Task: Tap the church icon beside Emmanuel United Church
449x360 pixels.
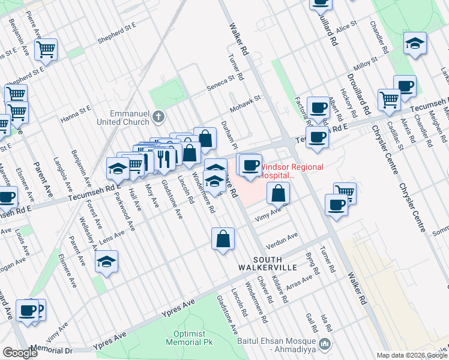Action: click(158, 116)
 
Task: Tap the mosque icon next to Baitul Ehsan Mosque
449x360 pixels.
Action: click(325, 344)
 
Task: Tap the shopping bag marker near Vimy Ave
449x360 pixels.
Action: click(278, 193)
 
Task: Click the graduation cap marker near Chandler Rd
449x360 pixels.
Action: click(415, 43)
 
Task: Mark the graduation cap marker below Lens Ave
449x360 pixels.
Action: click(106, 261)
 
